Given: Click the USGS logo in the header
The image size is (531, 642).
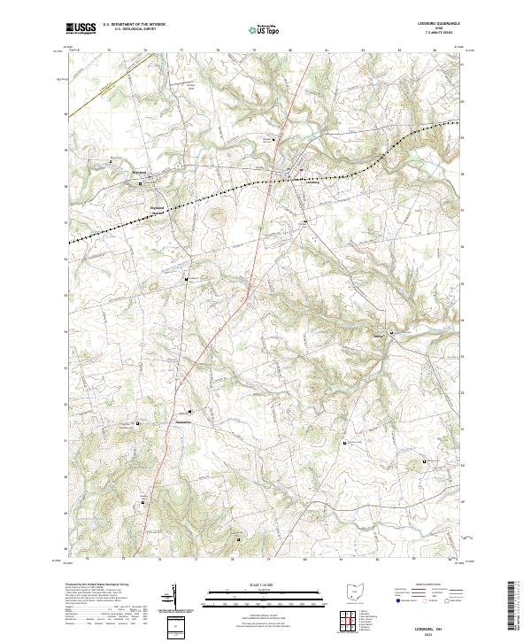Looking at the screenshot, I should [81, 28].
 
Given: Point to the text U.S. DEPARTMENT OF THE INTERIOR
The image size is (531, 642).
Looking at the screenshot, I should [133, 25].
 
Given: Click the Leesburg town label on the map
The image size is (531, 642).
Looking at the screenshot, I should [298, 182].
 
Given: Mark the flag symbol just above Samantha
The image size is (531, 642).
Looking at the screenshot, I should [189, 412].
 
